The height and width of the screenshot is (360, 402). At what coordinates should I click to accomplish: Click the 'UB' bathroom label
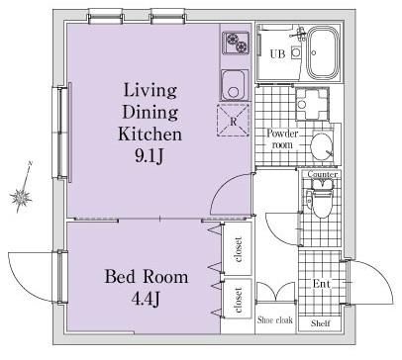click(277, 53)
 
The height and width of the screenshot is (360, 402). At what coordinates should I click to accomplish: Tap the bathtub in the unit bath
click(323, 52)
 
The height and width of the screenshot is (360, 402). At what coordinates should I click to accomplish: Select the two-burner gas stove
click(236, 43)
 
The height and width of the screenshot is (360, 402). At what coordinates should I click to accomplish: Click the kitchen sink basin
click(234, 85)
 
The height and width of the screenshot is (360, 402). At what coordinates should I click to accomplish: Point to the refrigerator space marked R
click(233, 121)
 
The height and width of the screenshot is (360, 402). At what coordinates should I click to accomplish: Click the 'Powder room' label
click(282, 138)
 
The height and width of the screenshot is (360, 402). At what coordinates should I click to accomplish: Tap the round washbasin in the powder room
click(322, 145)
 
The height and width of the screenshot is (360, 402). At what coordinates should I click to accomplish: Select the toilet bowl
click(322, 202)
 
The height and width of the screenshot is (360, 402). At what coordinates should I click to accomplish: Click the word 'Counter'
click(323, 174)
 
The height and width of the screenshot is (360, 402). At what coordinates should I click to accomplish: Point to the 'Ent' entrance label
click(321, 284)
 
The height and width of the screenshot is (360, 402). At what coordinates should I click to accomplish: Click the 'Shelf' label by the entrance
click(321, 323)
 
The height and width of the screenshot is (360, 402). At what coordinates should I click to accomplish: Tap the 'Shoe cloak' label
click(275, 319)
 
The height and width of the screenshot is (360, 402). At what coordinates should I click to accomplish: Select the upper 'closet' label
click(238, 249)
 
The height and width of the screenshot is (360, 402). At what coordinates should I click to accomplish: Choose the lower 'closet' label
click(238, 300)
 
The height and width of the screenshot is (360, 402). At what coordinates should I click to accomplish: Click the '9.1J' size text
click(149, 157)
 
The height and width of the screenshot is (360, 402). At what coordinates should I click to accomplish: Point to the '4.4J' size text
click(146, 299)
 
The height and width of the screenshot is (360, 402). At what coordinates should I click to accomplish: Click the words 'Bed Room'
click(147, 277)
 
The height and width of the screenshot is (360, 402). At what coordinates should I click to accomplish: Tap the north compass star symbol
click(22, 197)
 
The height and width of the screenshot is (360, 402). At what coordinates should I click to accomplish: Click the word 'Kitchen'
click(150, 134)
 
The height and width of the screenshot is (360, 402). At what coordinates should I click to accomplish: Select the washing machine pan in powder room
click(312, 104)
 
